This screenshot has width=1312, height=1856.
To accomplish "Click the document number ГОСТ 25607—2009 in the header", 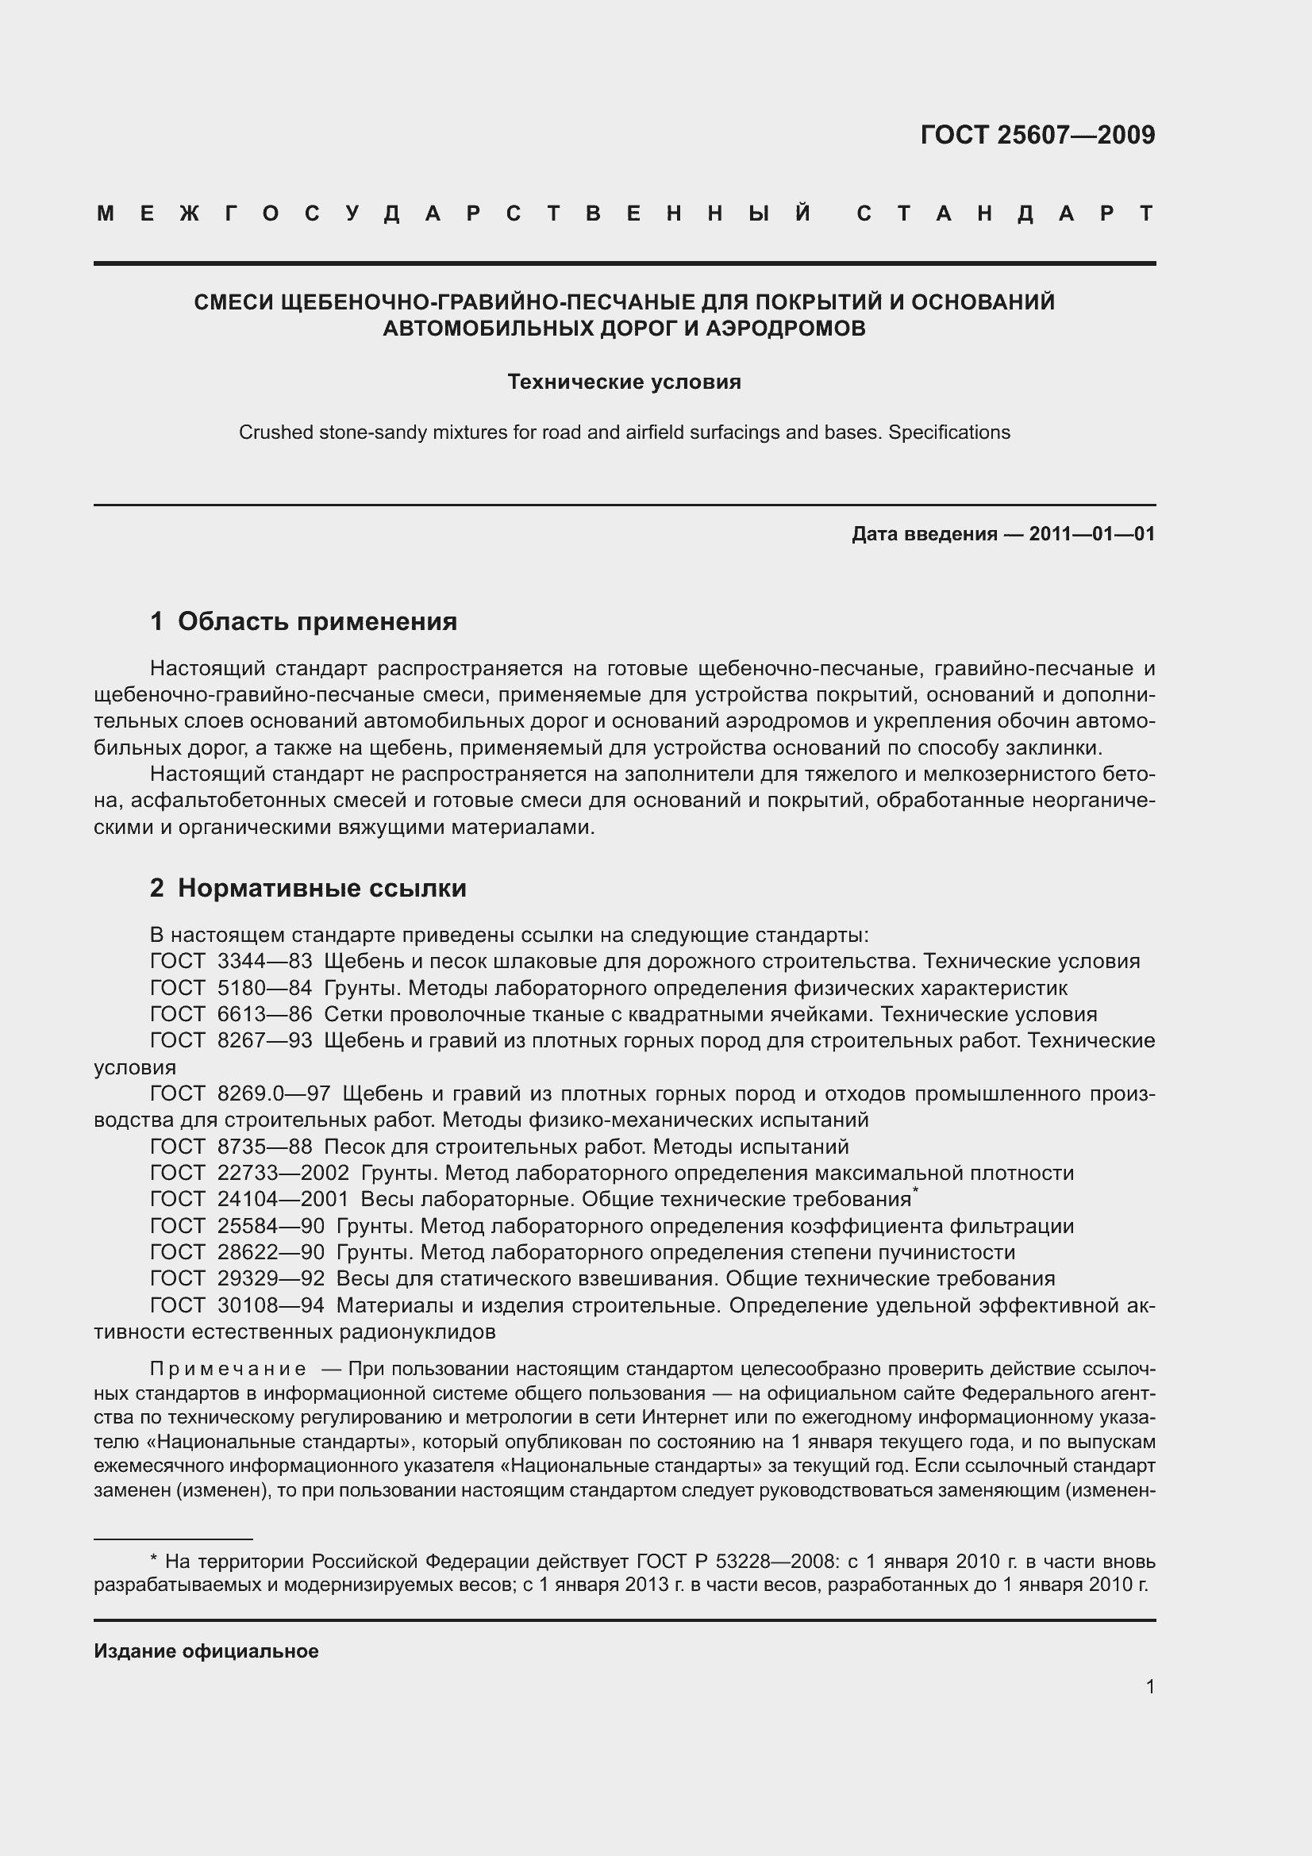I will point(1037,135).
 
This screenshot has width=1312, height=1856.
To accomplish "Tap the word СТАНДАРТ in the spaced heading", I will point(1005,213).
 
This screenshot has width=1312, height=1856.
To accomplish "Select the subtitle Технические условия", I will point(624,382).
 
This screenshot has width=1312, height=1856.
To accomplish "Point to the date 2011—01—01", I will point(1091,533).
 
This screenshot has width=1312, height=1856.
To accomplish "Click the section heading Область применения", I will point(317,621).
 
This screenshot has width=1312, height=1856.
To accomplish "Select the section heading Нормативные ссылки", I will point(321,888).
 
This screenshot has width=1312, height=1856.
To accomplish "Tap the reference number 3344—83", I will point(264,961).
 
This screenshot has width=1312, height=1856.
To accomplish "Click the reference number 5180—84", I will point(264,988).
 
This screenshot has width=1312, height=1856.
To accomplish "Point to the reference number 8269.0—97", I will point(274,1093).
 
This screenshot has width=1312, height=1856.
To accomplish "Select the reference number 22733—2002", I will point(283,1173).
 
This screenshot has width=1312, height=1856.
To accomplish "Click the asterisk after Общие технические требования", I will point(915,1190).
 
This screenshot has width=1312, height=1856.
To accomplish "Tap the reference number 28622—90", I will point(271,1252).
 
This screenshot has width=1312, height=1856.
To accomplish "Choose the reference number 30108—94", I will point(271,1305).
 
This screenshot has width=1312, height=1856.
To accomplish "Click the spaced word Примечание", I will point(228,1369).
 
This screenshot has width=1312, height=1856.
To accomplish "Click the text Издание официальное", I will point(206,1650).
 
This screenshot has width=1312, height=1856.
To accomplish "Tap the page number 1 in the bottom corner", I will point(1150,1686).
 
